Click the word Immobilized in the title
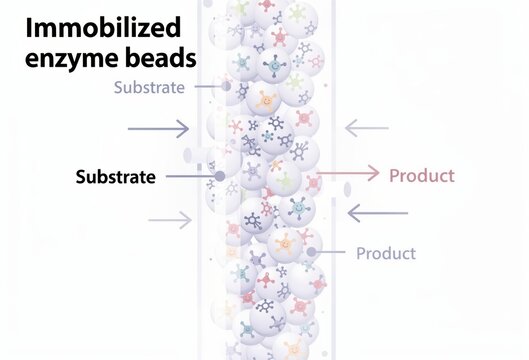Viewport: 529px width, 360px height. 97,27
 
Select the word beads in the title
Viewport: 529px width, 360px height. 160,59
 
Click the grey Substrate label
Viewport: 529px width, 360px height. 149,87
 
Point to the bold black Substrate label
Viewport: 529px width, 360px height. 115,178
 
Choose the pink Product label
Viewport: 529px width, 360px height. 421,176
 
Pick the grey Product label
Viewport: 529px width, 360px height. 385,253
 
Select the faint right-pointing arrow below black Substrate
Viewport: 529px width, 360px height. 170,220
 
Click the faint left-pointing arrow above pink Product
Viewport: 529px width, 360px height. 367,127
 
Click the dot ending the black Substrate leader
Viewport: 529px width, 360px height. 219,177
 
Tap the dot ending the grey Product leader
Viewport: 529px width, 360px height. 304,250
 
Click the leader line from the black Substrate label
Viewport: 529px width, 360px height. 190,177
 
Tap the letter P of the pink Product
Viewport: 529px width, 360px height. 395,176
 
